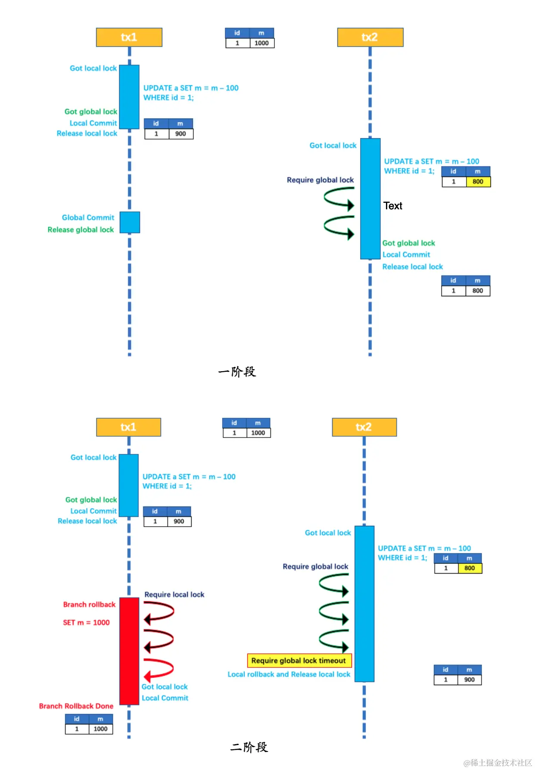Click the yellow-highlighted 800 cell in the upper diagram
coord(478,182)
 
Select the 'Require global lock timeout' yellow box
coord(299,661)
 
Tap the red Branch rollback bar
coord(129,651)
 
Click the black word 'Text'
coord(392,206)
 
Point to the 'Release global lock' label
coord(81,230)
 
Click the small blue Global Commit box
coord(130,222)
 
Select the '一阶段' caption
coord(237,372)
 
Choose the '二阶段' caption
coord(249,747)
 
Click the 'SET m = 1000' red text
coord(86,623)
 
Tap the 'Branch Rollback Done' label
coord(76,706)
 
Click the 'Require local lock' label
coord(174,595)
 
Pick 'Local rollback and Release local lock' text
coord(289,674)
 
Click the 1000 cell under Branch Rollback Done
coord(100,729)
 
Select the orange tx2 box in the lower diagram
coord(364,427)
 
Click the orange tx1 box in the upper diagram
coord(129,37)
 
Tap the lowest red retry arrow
coord(159,669)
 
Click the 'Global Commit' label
coord(88,218)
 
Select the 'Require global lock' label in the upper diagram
coord(320,180)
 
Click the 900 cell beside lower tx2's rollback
coord(469,680)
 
